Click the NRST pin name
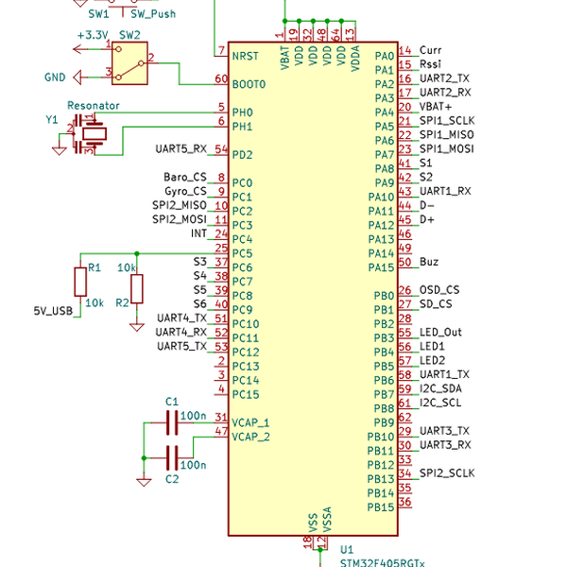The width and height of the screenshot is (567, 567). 246,56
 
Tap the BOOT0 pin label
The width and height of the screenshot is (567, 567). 249,84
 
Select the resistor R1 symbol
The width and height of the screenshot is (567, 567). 80,282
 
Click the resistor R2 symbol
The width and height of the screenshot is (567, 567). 137,287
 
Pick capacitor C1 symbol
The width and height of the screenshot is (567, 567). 171,423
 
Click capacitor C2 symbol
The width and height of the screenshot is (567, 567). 171,458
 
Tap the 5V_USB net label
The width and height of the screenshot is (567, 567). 53,310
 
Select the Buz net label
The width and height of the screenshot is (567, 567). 428,262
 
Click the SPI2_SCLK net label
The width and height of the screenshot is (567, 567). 447,472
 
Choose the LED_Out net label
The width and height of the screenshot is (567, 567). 440,333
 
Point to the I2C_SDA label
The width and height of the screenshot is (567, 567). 440,388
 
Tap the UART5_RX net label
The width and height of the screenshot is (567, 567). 180,149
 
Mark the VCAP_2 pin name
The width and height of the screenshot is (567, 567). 251,437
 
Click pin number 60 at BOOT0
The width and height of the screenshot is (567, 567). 221,79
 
